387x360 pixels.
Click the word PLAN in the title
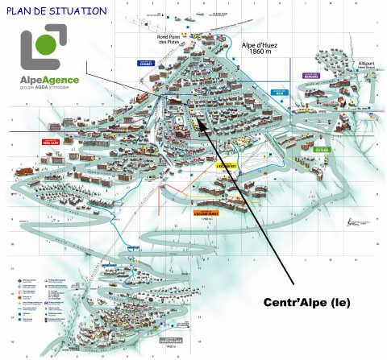[22, 11]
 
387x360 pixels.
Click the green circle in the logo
[48, 43]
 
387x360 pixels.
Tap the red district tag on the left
[51, 142]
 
